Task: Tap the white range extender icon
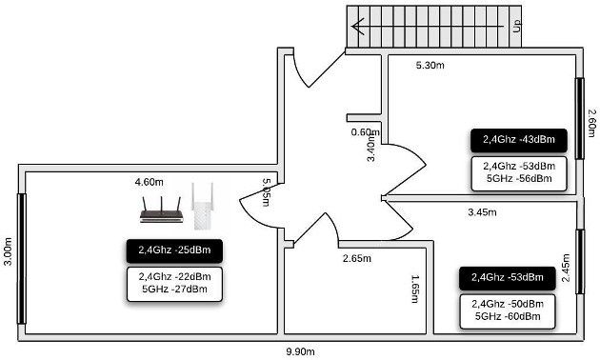click(202, 207)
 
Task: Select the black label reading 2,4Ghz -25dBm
click(174, 250)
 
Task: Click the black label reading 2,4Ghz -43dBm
click(519, 140)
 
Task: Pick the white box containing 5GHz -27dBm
click(174, 284)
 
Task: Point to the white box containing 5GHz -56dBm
click(519, 173)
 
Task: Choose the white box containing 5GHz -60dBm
click(508, 311)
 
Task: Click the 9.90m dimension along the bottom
click(300, 351)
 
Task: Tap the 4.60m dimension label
click(149, 182)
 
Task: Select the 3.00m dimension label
click(8, 251)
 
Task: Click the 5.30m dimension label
click(430, 66)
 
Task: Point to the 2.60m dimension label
click(591, 123)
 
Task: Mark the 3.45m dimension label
click(482, 212)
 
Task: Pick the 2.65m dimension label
click(356, 259)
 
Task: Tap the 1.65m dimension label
click(415, 289)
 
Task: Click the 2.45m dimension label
click(566, 268)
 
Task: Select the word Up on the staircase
click(516, 26)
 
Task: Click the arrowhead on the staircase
click(357, 26)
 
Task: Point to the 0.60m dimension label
click(366, 132)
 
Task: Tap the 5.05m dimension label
click(267, 192)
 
